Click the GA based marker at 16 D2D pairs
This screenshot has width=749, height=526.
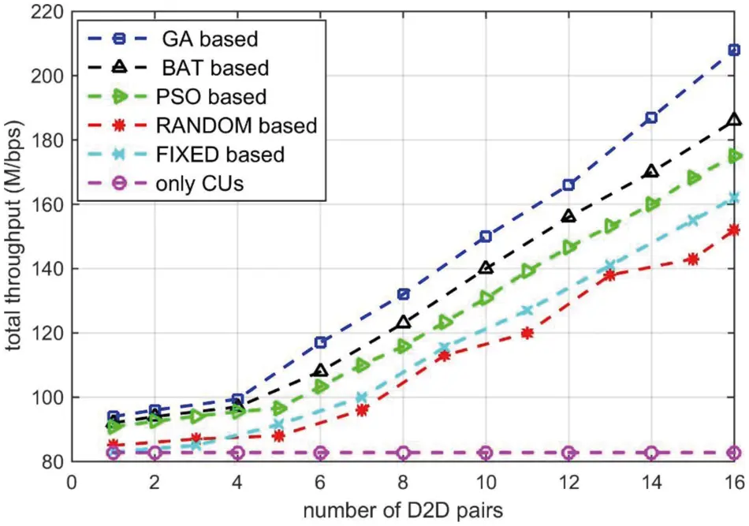(x=734, y=50)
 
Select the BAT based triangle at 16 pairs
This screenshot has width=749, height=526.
(x=734, y=120)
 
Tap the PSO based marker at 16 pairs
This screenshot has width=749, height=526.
(x=734, y=156)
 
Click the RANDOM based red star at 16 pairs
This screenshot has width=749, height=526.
(x=734, y=229)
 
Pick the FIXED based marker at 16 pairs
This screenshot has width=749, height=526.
(x=734, y=197)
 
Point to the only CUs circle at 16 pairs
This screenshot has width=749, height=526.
(x=734, y=453)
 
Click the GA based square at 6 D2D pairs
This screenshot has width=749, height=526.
(x=321, y=342)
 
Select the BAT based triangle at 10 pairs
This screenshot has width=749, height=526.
(x=486, y=268)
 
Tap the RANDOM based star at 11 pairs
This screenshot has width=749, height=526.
(x=527, y=333)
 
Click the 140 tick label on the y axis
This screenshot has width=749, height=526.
(x=47, y=269)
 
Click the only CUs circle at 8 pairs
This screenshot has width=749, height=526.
(x=403, y=453)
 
